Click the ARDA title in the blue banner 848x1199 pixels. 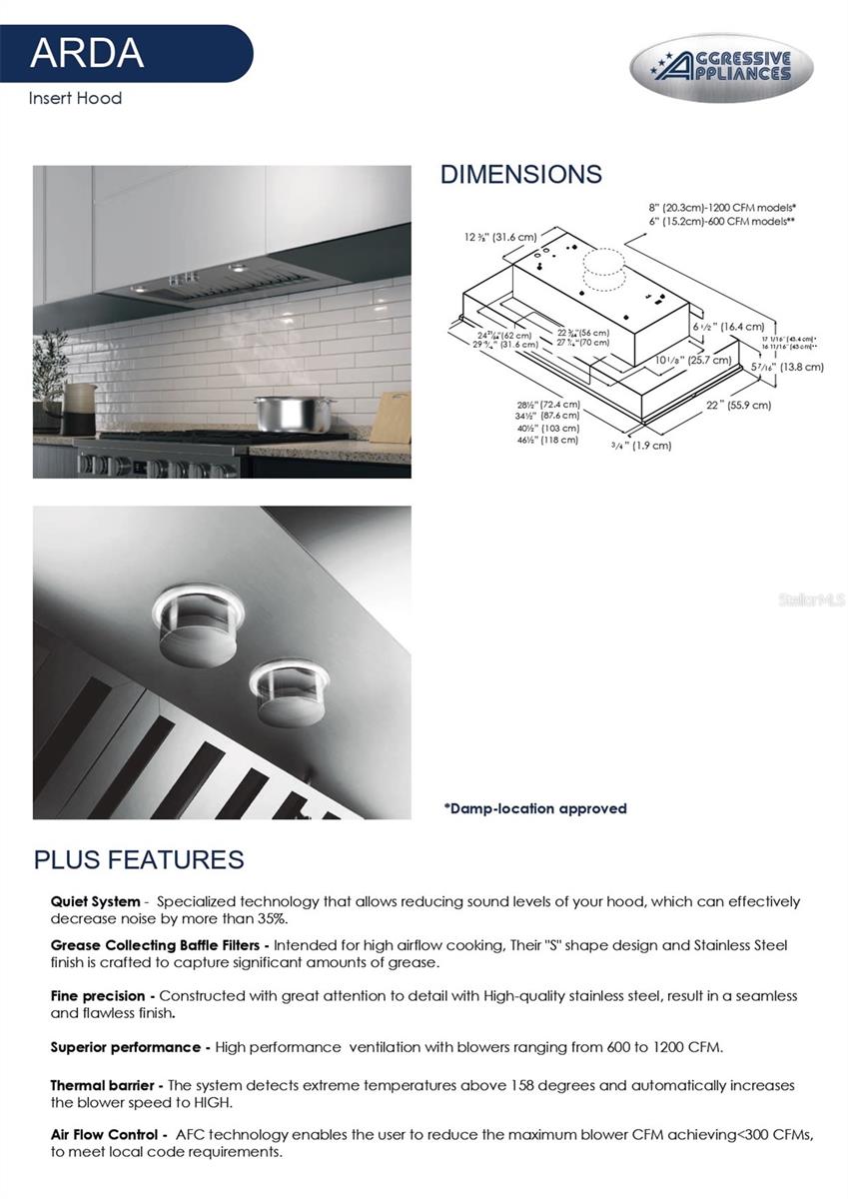point(87,51)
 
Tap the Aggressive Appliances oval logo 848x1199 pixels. point(721,68)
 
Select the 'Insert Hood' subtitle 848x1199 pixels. point(75,98)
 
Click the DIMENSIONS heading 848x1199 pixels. point(520,174)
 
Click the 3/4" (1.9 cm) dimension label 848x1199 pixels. point(641,445)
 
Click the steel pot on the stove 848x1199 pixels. point(281,413)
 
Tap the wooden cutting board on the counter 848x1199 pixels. point(390,418)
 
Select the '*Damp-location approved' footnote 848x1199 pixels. point(535,808)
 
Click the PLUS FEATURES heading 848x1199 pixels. point(139,859)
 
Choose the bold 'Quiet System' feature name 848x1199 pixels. point(95,901)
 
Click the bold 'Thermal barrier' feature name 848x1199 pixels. point(101,1084)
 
